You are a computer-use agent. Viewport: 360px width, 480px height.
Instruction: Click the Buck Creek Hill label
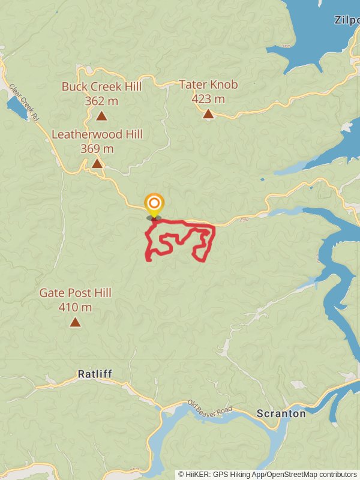click(x=101, y=86)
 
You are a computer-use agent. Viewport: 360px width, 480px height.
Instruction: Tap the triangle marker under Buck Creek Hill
click(x=101, y=115)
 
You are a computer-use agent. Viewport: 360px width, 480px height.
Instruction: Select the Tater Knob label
click(x=208, y=85)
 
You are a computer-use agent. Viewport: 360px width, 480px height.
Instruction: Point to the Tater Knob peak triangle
click(x=208, y=113)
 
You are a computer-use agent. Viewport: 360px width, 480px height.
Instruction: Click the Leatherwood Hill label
click(x=97, y=134)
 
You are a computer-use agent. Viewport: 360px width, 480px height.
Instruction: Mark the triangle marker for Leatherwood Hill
click(x=97, y=163)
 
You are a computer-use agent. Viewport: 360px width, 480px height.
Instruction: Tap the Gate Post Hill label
click(x=75, y=293)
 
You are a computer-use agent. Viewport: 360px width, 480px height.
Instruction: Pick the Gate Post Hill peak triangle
click(x=75, y=322)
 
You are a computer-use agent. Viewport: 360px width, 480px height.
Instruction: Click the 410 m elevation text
click(x=75, y=308)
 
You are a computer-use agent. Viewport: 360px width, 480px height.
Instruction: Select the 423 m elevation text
click(x=208, y=99)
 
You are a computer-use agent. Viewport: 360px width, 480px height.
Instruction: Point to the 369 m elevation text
click(x=97, y=148)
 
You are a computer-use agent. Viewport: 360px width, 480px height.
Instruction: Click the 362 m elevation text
click(x=101, y=101)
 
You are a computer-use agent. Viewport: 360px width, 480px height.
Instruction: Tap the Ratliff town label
click(x=95, y=374)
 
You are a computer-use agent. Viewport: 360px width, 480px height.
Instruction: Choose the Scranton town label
click(x=281, y=413)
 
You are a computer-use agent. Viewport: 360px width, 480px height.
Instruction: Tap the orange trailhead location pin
click(x=154, y=204)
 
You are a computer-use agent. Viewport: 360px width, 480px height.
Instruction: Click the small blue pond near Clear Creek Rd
click(x=16, y=108)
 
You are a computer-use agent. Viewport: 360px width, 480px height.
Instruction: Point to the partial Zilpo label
click(x=347, y=20)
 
